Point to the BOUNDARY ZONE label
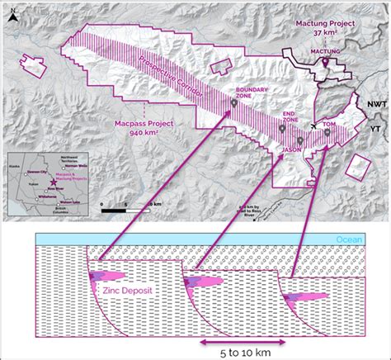pyautogui.click(x=248, y=93)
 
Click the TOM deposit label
pyautogui.click(x=329, y=126)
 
